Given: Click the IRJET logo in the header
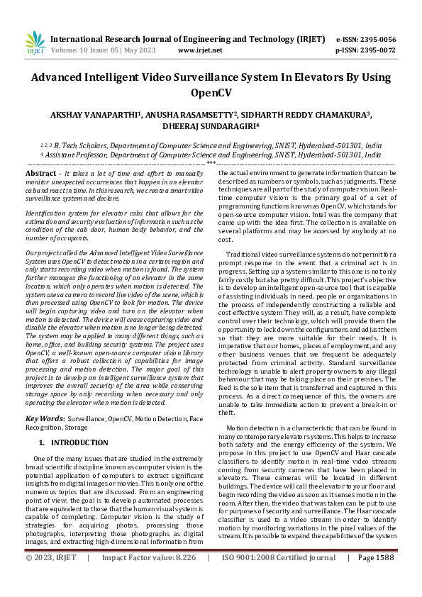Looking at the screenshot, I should pyautogui.click(x=35, y=44).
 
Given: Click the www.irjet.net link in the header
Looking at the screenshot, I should pyautogui.click(x=200, y=51).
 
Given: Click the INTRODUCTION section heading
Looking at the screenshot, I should pyautogui.click(x=79, y=442).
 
